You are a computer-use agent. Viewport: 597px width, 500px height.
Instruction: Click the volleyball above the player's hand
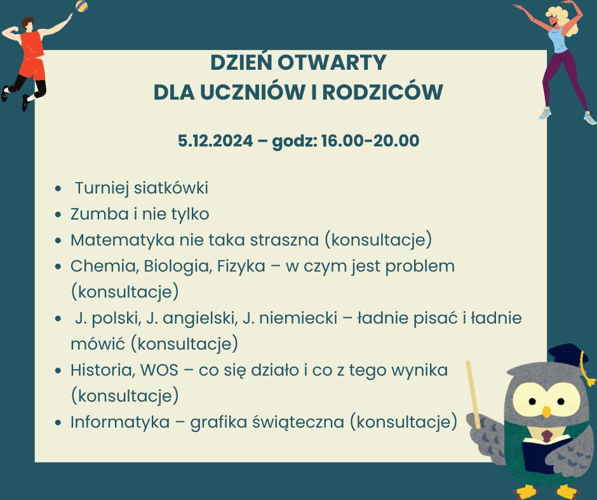[81, 6]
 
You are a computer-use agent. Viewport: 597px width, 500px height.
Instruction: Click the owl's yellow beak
[546, 411]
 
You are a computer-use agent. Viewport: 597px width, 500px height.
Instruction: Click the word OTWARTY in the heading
[332, 63]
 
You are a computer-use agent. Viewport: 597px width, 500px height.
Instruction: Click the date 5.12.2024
[215, 141]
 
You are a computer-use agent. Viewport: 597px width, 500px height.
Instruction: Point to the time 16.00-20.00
[370, 141]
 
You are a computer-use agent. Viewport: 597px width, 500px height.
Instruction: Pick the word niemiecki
[298, 318]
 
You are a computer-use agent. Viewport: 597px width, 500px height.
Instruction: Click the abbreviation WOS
[159, 371]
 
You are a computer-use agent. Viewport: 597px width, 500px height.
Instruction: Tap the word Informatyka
[120, 422]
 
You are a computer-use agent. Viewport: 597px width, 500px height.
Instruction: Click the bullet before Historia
[58, 370]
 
